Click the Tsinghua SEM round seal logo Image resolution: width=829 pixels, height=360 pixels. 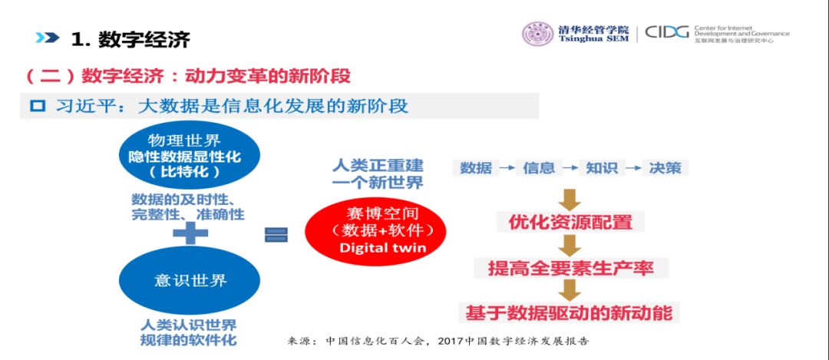coord(538,34)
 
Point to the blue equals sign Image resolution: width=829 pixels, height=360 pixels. coord(276,235)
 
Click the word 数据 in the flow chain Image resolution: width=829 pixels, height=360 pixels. coord(476,167)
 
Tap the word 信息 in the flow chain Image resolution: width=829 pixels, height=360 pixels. coord(539,167)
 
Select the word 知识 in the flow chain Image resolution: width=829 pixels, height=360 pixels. coord(602,167)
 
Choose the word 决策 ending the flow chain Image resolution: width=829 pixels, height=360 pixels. coord(665,167)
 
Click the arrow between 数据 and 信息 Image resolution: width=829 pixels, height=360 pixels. coord(507,167)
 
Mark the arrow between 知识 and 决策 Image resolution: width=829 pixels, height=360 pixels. coord(633,167)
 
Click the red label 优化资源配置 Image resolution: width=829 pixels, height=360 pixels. coord(570,223)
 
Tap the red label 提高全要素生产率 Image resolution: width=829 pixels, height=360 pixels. coord(570,268)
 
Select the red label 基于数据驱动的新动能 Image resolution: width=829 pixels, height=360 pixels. coord(569,313)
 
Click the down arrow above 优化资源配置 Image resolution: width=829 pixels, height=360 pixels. coord(570,199)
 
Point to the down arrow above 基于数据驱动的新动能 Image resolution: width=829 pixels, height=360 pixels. coord(570,290)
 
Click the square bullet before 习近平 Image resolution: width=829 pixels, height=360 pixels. coord(38,106)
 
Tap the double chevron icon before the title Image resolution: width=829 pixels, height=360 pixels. coord(47,38)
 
